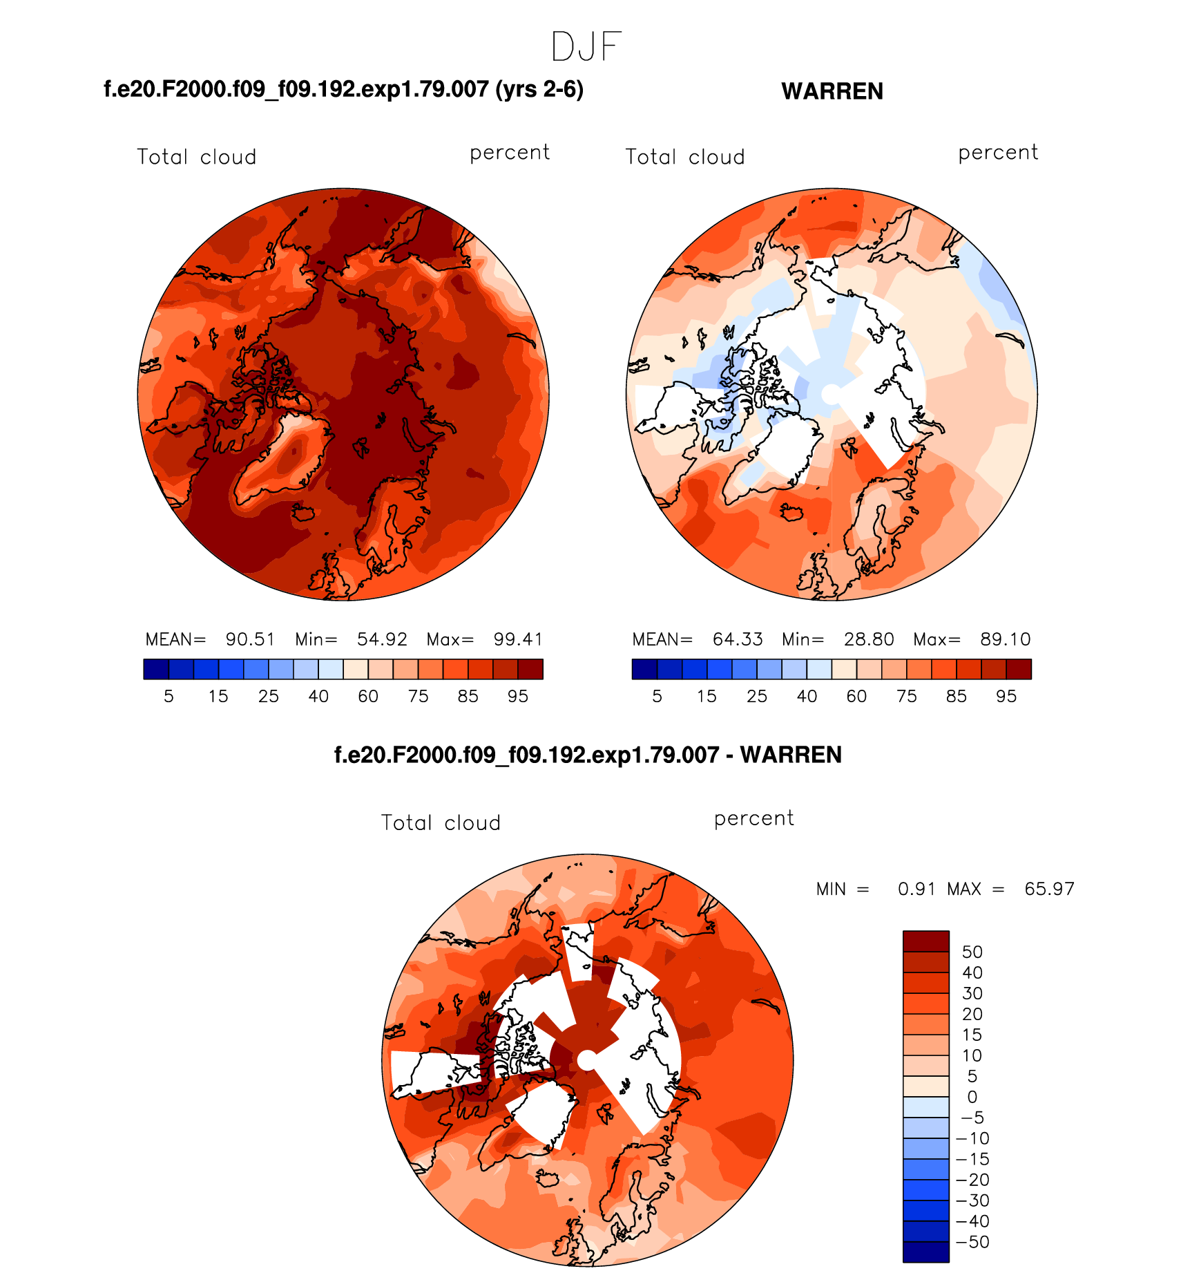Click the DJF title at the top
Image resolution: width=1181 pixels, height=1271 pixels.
pyautogui.click(x=586, y=47)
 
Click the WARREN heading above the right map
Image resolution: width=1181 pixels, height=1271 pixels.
pyautogui.click(x=832, y=91)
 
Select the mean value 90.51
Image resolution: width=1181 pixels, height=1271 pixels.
pyautogui.click(x=250, y=639)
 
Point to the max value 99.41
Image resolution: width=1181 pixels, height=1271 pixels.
pyautogui.click(x=518, y=639)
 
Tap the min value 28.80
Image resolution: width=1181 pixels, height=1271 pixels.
pyautogui.click(x=869, y=639)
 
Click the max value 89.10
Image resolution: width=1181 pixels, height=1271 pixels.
pyautogui.click(x=1005, y=639)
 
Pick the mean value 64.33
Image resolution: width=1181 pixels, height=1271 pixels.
pyautogui.click(x=738, y=639)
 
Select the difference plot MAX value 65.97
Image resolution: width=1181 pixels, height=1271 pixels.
pyautogui.click(x=1049, y=889)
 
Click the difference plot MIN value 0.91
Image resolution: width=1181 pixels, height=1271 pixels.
pyautogui.click(x=916, y=889)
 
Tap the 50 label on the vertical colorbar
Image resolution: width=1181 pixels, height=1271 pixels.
pyautogui.click(x=972, y=952)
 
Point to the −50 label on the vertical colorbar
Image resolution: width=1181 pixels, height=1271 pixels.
pyautogui.click(x=972, y=1242)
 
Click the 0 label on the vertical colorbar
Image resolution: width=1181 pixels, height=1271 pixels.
pyautogui.click(x=972, y=1097)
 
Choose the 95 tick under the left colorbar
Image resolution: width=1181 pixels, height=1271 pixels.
pyautogui.click(x=518, y=697)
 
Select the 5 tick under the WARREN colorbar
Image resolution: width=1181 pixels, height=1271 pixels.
pyautogui.click(x=657, y=697)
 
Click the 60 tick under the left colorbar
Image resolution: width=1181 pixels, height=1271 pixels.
pyautogui.click(x=368, y=697)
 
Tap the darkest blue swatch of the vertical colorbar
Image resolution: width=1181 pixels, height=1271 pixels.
pyautogui.click(x=925, y=1252)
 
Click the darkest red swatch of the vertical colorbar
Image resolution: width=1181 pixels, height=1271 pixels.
pyautogui.click(x=925, y=941)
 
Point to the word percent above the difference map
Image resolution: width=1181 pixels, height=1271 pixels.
pyautogui.click(x=753, y=819)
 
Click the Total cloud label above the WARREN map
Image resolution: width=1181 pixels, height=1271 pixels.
pyautogui.click(x=684, y=157)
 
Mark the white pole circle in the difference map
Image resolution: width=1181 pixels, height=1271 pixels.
pyautogui.click(x=586, y=1060)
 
